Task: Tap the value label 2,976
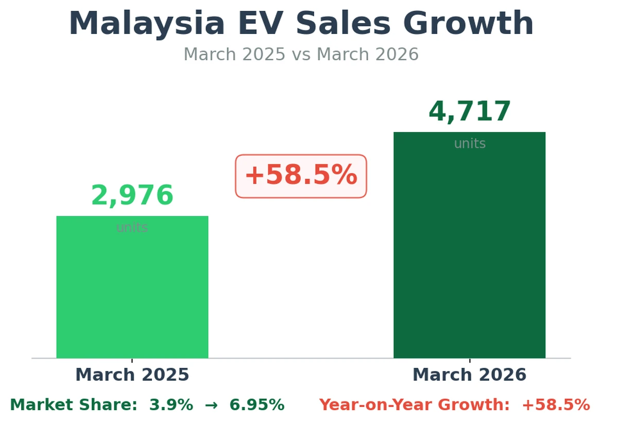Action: coord(132,196)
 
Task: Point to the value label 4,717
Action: coord(470,112)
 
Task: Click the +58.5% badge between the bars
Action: coord(301,176)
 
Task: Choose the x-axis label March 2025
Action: coord(132,375)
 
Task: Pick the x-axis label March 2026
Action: coord(469,375)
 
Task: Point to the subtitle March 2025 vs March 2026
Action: coord(301,55)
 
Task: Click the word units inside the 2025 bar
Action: coord(132,228)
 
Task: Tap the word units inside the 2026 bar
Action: coord(470,144)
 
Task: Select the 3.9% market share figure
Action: coord(171,405)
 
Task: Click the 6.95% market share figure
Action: coord(256,405)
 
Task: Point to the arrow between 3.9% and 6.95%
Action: coord(211,405)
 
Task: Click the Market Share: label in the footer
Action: coord(74,405)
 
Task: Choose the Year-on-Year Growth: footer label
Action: coord(414,405)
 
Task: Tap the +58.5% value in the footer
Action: coord(556,405)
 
